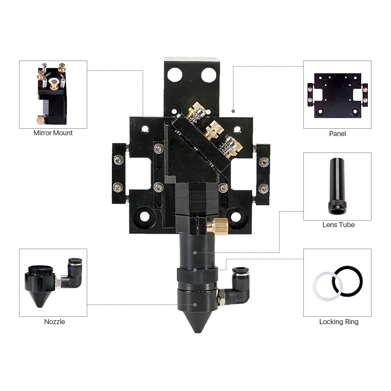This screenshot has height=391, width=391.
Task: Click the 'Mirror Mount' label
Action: point(53,133)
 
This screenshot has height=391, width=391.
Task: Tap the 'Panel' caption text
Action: point(337,134)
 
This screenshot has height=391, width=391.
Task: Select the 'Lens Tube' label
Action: point(338,225)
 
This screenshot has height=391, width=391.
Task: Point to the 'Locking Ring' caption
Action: point(339,322)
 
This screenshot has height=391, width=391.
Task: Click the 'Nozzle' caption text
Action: point(54,322)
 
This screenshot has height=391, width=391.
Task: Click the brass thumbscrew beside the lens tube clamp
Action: point(217,226)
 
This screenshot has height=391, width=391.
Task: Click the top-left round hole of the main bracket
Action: point(175,75)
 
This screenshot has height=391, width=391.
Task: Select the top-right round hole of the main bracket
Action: point(208,75)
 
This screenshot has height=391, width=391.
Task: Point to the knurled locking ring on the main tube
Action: point(197,275)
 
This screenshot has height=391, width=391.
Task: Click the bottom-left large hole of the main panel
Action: point(145,216)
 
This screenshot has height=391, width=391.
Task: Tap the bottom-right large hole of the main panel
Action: point(236,216)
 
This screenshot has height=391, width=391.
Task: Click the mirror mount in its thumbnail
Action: point(52,94)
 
